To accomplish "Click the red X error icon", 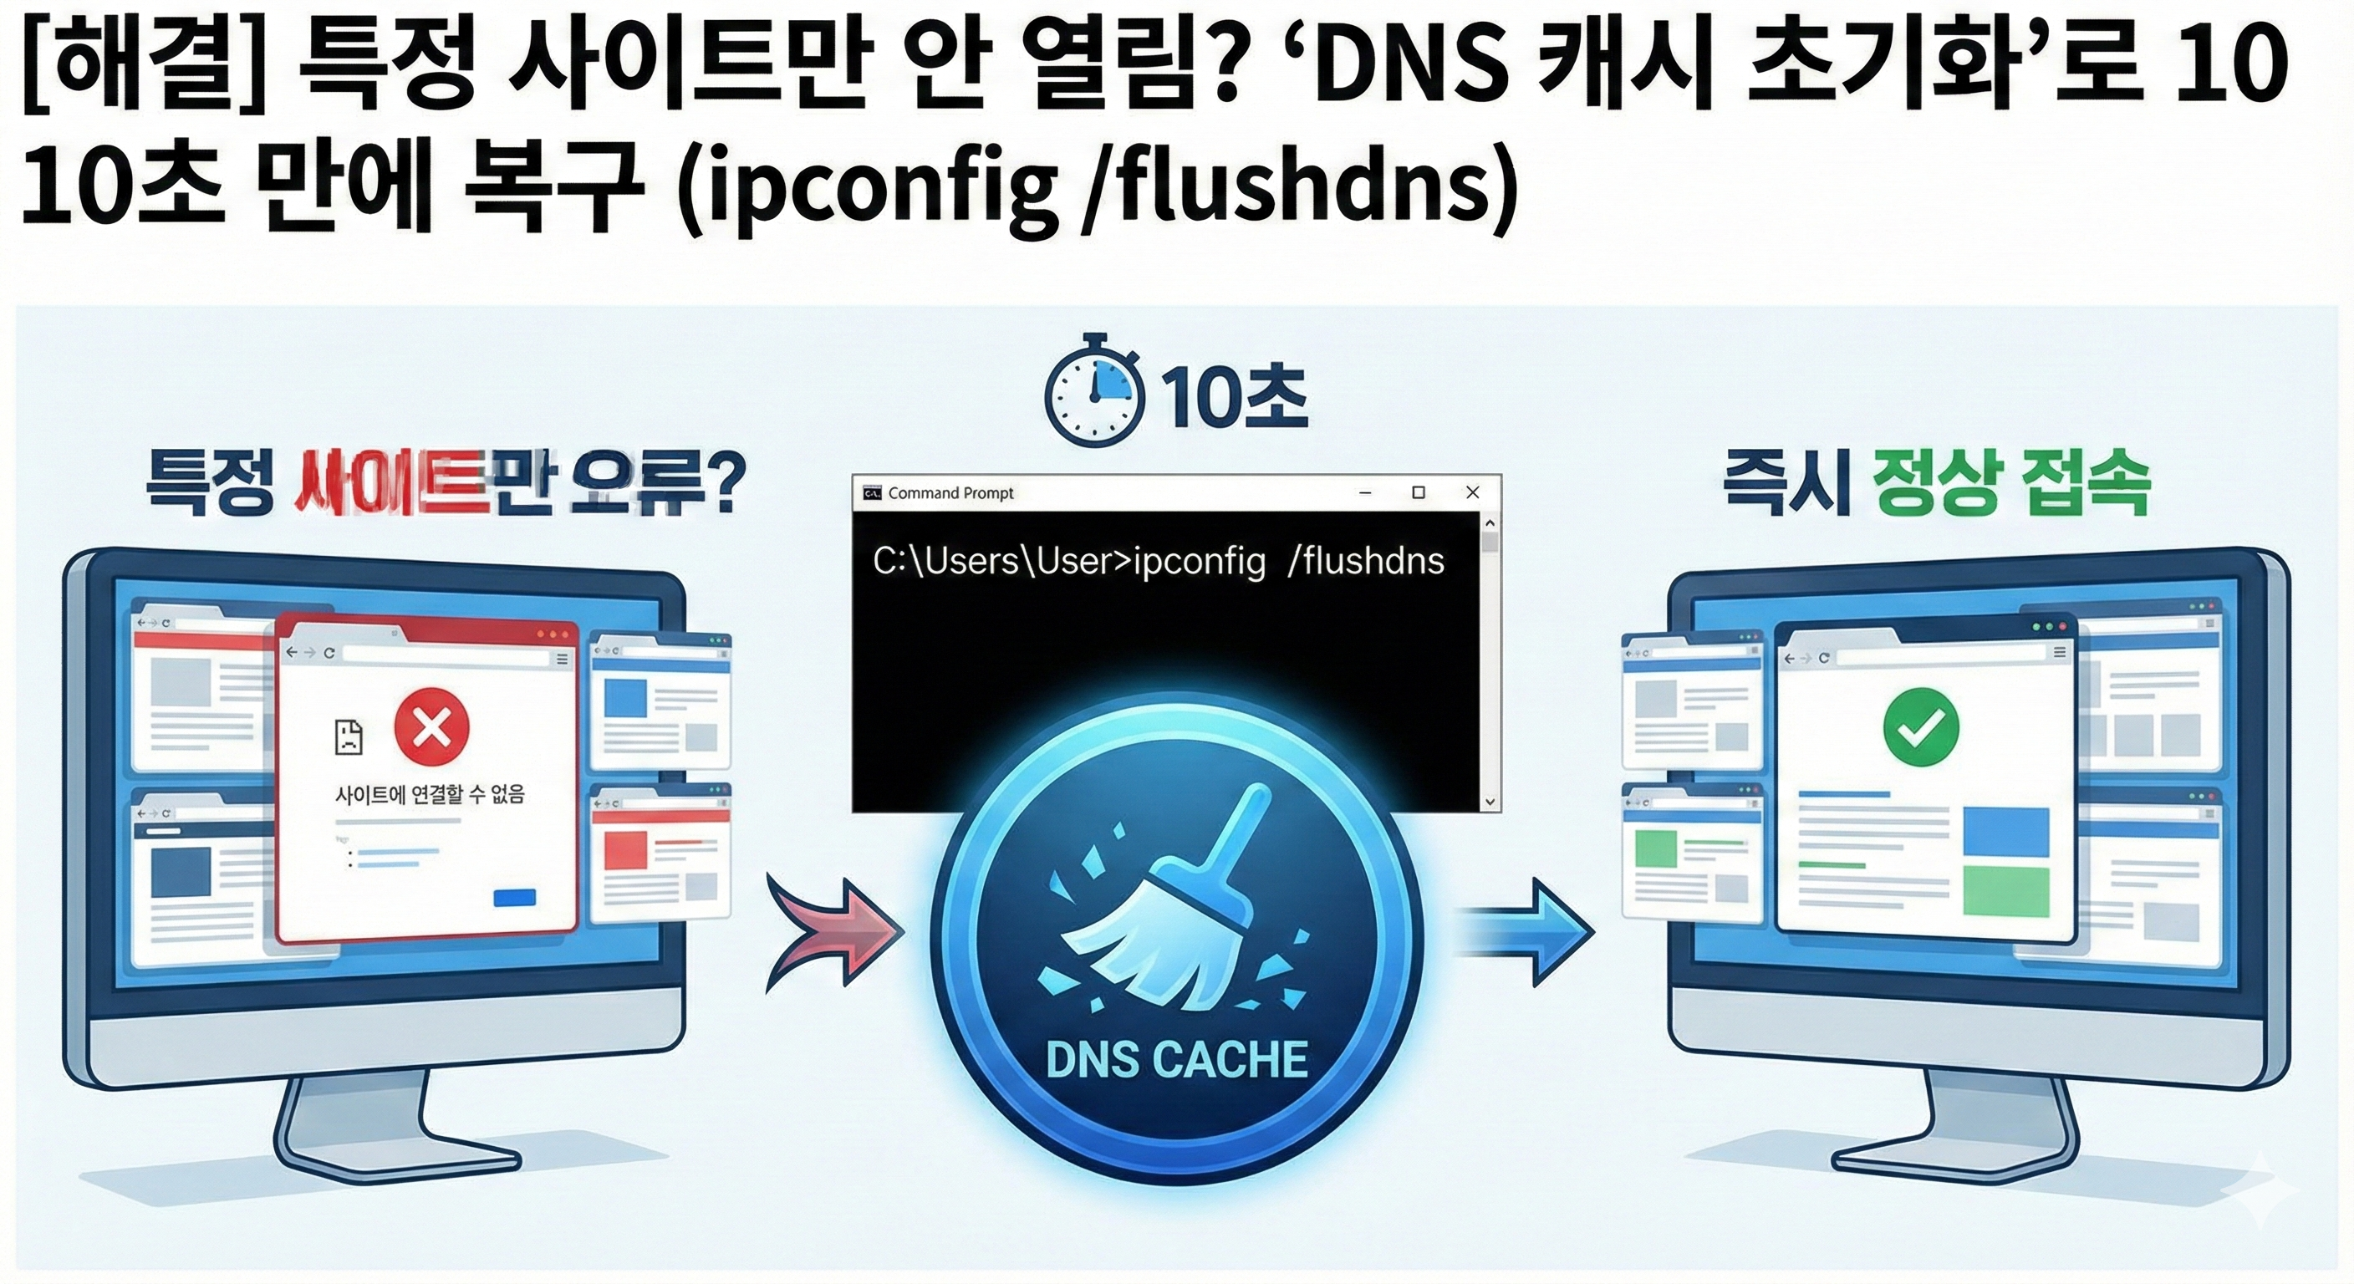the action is (x=431, y=728).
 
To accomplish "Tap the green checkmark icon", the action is (x=1921, y=726).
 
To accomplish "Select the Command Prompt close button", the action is (x=1472, y=492).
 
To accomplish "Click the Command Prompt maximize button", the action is (x=1419, y=492).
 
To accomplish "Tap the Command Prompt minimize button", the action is (x=1365, y=492).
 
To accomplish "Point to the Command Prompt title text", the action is (x=950, y=493).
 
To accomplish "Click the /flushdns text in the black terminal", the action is (x=1365, y=561).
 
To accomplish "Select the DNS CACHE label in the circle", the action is (x=1177, y=1060).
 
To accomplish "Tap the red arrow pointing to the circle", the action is (x=832, y=932).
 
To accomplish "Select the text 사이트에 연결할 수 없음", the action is (x=430, y=794).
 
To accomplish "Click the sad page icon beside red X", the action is (x=349, y=736).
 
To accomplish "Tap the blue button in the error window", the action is (x=514, y=899).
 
